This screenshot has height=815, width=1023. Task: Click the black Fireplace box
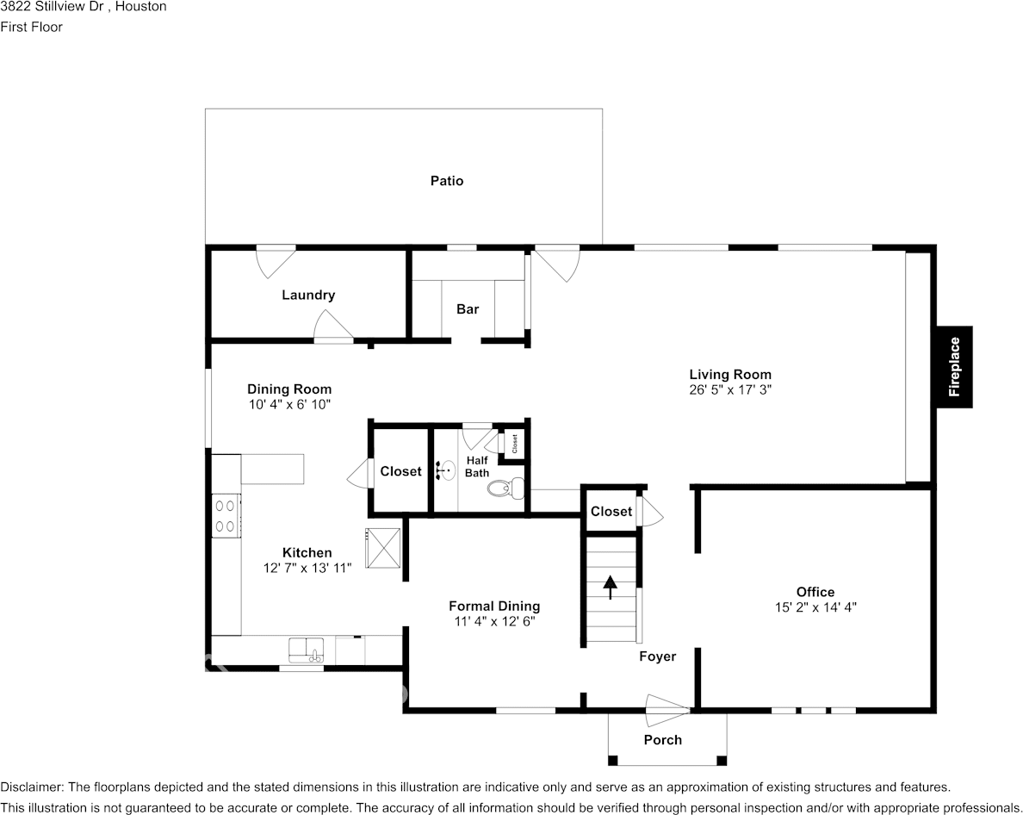954,366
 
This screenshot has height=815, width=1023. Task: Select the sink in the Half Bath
445,470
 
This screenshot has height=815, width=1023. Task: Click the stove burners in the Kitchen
226,515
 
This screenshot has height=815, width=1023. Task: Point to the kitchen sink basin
305,649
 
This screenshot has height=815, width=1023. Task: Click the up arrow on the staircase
611,587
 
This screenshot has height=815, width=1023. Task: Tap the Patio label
447,181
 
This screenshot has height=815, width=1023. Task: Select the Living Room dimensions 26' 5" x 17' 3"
729,389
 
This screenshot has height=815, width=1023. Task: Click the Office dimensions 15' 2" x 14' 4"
815,607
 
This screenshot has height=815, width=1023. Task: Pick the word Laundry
308,295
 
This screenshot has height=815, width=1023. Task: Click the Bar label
468,309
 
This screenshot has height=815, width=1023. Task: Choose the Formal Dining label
494,606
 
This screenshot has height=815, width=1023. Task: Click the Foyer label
657,656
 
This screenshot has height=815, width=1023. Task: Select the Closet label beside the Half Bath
400,471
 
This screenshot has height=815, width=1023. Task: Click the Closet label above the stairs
611,511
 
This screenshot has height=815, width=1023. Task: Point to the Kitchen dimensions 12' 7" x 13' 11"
307,568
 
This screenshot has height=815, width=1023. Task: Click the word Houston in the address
141,7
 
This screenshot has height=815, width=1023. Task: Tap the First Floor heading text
32,27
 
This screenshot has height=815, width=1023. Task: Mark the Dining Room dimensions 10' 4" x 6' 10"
289,403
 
